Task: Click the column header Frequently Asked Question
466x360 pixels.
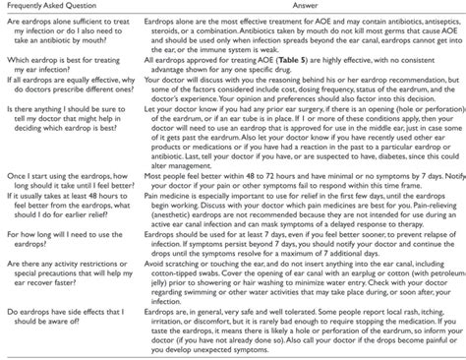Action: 56,8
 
